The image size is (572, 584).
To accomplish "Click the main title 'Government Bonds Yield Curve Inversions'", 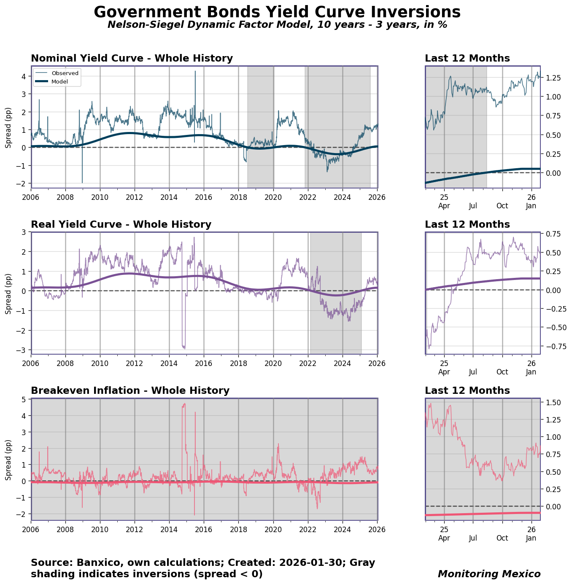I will coord(277,12).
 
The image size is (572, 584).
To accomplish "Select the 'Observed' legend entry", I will coord(65,73).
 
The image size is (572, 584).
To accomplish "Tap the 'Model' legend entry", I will coord(59,81).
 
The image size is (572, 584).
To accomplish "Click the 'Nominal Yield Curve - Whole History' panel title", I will coord(132,58).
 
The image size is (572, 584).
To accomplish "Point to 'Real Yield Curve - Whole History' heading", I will coord(121,224).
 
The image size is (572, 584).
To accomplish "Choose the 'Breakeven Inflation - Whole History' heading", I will coord(130,390).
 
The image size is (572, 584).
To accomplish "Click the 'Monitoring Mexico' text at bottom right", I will coord(489,574).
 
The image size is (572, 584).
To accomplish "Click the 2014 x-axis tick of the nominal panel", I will coord(169,197).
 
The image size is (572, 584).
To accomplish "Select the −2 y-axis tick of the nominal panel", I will coord(22,183).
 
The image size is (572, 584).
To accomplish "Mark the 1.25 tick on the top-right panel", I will coord(552,78).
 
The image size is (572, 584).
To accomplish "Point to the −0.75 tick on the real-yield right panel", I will coord(552,346).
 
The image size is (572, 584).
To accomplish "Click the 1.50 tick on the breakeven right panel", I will coord(552,403).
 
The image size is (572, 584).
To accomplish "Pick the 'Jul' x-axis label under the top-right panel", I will coord(473,206).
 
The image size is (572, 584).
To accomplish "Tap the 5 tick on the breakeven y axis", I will coord(24,399).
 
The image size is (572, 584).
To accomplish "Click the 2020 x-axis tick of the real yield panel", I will coord(273,363).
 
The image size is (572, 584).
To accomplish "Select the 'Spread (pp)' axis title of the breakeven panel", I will coord(8,460).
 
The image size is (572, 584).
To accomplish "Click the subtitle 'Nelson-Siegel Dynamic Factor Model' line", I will coord(277,25).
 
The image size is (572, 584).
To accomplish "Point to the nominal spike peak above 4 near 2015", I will coord(195,72).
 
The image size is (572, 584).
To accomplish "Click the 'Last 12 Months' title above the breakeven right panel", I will coord(467,390).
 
